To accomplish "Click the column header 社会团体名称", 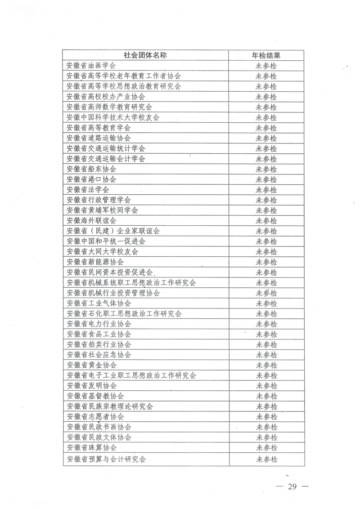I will [145, 55].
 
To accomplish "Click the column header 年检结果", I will [266, 55].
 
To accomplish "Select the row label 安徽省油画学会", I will [91, 66].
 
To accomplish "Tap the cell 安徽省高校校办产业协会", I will [106, 97].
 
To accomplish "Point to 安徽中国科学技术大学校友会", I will [113, 117].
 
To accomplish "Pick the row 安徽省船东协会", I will [91, 169].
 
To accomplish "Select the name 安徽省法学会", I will [88, 190].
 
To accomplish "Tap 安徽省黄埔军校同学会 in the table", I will [102, 210].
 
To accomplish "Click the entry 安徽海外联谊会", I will [91, 221].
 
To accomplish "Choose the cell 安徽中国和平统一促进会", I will [106, 241].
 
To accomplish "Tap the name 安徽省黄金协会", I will [91, 365].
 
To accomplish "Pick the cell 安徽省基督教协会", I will [95, 396].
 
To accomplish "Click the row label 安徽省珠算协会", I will [91, 448].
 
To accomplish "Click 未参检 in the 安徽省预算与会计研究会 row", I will [266, 459].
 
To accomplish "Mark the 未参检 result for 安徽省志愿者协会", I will [266, 417].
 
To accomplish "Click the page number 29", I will [292, 487].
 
